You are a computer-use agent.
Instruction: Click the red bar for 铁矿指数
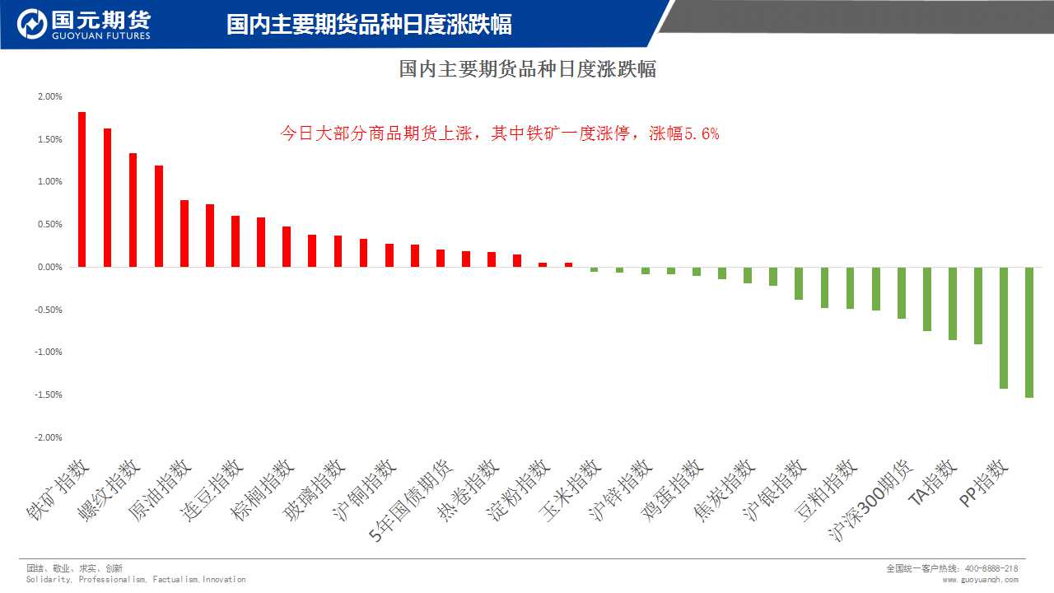tap(82, 189)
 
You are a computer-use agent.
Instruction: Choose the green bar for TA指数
tap(953, 303)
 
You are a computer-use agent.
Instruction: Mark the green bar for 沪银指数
tap(799, 283)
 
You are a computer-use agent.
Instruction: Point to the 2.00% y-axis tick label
tap(49, 96)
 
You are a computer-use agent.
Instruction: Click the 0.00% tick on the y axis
tap(49, 267)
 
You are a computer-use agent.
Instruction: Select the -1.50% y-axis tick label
tap(49, 395)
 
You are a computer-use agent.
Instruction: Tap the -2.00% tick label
tap(49, 437)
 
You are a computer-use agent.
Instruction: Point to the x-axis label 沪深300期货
tap(871, 501)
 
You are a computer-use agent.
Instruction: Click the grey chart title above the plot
tap(527, 69)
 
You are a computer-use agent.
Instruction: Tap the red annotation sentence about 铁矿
tap(500, 133)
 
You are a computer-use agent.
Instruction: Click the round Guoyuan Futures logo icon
tap(32, 25)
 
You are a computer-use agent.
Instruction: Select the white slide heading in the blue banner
tap(369, 25)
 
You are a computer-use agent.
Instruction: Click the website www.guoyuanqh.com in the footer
tap(980, 580)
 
